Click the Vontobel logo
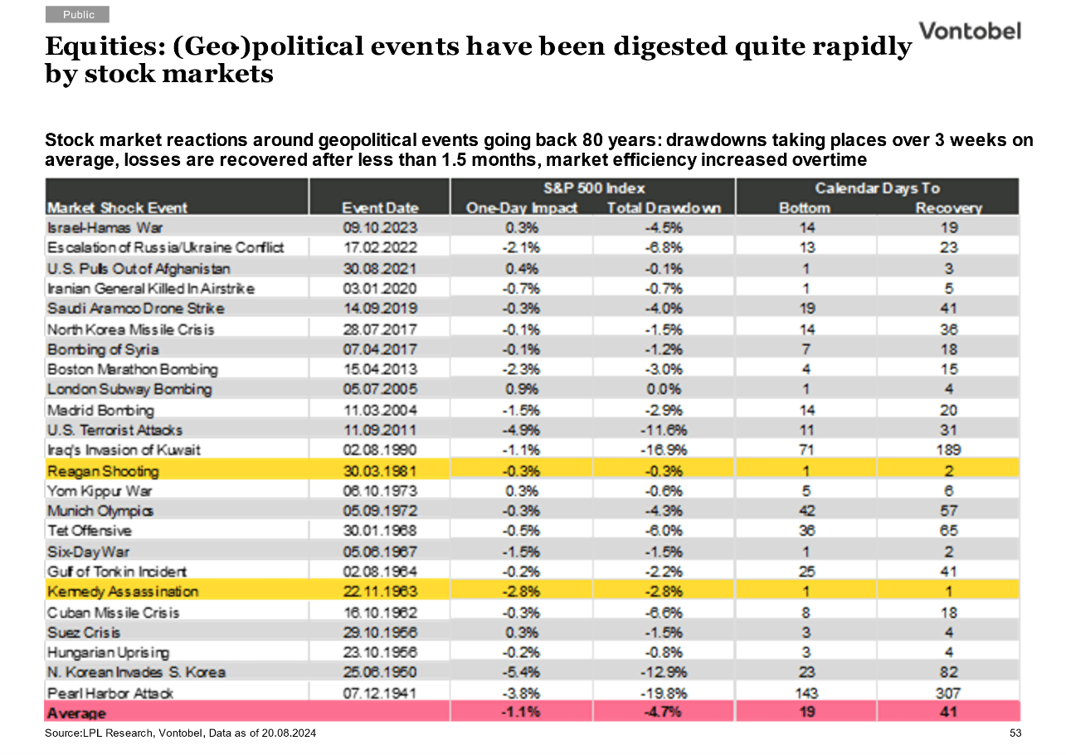pyautogui.click(x=970, y=32)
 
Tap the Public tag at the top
pyautogui.click(x=78, y=15)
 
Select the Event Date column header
pyautogui.click(x=380, y=208)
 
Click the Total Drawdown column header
pyautogui.click(x=664, y=208)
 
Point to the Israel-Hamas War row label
pyautogui.click(x=105, y=228)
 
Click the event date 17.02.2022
pyautogui.click(x=380, y=247)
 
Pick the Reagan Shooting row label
pyautogui.click(x=103, y=471)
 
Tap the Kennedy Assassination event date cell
pyautogui.click(x=380, y=592)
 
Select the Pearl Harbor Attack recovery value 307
pyautogui.click(x=948, y=693)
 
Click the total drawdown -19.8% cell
pyautogui.click(x=664, y=693)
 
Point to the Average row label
pyautogui.click(x=76, y=714)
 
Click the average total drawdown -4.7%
pyautogui.click(x=664, y=712)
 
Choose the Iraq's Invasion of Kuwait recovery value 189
pyautogui.click(x=948, y=450)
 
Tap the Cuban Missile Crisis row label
pyautogui.click(x=114, y=612)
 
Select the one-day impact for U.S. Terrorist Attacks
pyautogui.click(x=522, y=431)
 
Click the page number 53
pyautogui.click(x=1015, y=733)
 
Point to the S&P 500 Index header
pyautogui.click(x=595, y=188)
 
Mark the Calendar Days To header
pyautogui.click(x=877, y=188)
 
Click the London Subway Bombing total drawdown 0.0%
pyautogui.click(x=664, y=389)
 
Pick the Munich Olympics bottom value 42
pyautogui.click(x=806, y=511)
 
